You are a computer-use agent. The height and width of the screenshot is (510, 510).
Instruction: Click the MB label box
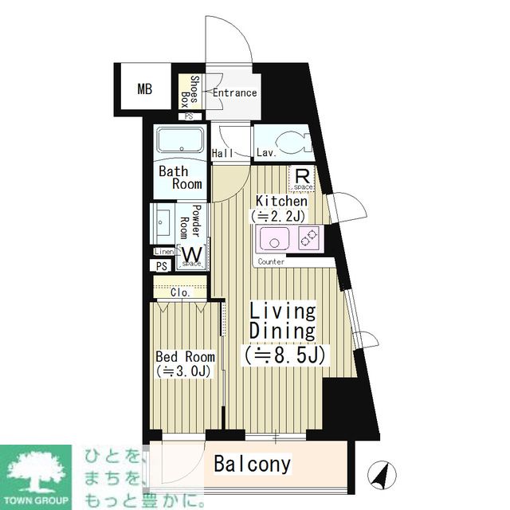click(x=144, y=88)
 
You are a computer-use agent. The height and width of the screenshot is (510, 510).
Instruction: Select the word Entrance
click(x=234, y=92)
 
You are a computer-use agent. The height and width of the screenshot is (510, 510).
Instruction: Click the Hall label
click(x=222, y=152)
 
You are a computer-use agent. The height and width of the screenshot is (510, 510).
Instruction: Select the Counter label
click(x=272, y=261)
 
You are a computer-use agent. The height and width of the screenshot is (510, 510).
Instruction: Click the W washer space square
click(x=193, y=256)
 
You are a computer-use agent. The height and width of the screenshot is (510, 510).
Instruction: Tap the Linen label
click(x=164, y=252)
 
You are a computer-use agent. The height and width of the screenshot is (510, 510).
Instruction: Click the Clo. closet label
click(x=180, y=292)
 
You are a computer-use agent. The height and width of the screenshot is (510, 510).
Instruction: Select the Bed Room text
click(x=185, y=357)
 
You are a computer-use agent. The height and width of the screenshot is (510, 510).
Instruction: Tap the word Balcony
click(x=253, y=464)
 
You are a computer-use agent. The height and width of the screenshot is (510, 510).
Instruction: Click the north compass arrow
click(x=382, y=475)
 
